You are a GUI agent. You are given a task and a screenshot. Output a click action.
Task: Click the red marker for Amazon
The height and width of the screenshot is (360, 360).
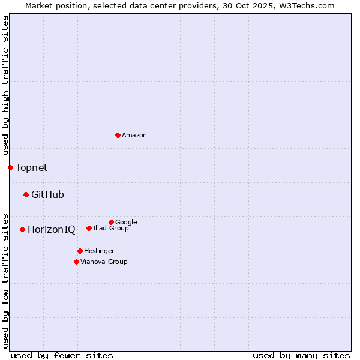click(118, 135)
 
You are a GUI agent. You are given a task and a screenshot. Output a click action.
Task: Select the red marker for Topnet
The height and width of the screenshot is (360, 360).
click(10, 167)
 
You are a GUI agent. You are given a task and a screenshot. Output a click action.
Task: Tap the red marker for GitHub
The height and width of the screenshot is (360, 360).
click(26, 194)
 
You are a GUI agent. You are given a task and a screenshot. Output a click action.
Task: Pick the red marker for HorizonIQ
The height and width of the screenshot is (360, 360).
click(22, 229)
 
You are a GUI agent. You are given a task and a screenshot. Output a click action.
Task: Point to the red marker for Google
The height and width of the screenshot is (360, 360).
click(111, 222)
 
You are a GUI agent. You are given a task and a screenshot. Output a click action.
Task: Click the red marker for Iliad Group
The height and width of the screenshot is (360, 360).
click(89, 228)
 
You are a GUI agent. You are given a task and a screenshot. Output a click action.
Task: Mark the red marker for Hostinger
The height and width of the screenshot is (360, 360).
click(80, 251)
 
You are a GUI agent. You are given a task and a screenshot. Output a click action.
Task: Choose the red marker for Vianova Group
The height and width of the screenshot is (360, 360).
click(76, 262)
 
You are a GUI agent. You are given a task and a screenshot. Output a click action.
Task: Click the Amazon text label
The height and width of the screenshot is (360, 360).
click(134, 136)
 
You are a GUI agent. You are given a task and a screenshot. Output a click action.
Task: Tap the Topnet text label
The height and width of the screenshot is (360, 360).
click(32, 168)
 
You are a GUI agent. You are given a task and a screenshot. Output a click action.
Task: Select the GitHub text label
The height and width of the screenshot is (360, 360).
click(47, 195)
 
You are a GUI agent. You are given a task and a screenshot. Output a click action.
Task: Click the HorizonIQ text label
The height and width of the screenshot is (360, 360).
click(52, 230)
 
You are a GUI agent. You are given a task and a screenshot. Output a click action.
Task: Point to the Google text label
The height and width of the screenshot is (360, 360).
click(126, 222)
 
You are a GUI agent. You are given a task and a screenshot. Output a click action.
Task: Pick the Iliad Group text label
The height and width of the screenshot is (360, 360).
click(111, 228)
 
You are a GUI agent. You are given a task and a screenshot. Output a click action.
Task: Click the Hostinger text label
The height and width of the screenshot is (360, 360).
click(99, 251)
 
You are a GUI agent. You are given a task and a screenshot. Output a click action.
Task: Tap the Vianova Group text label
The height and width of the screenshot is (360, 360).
click(104, 262)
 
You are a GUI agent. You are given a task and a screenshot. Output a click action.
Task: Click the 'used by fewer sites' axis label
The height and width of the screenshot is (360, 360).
click(62, 355)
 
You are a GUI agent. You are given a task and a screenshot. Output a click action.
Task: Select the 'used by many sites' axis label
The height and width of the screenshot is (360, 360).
click(301, 355)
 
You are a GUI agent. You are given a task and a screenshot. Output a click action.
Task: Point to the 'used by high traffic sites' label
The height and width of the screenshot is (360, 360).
click(6, 86)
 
